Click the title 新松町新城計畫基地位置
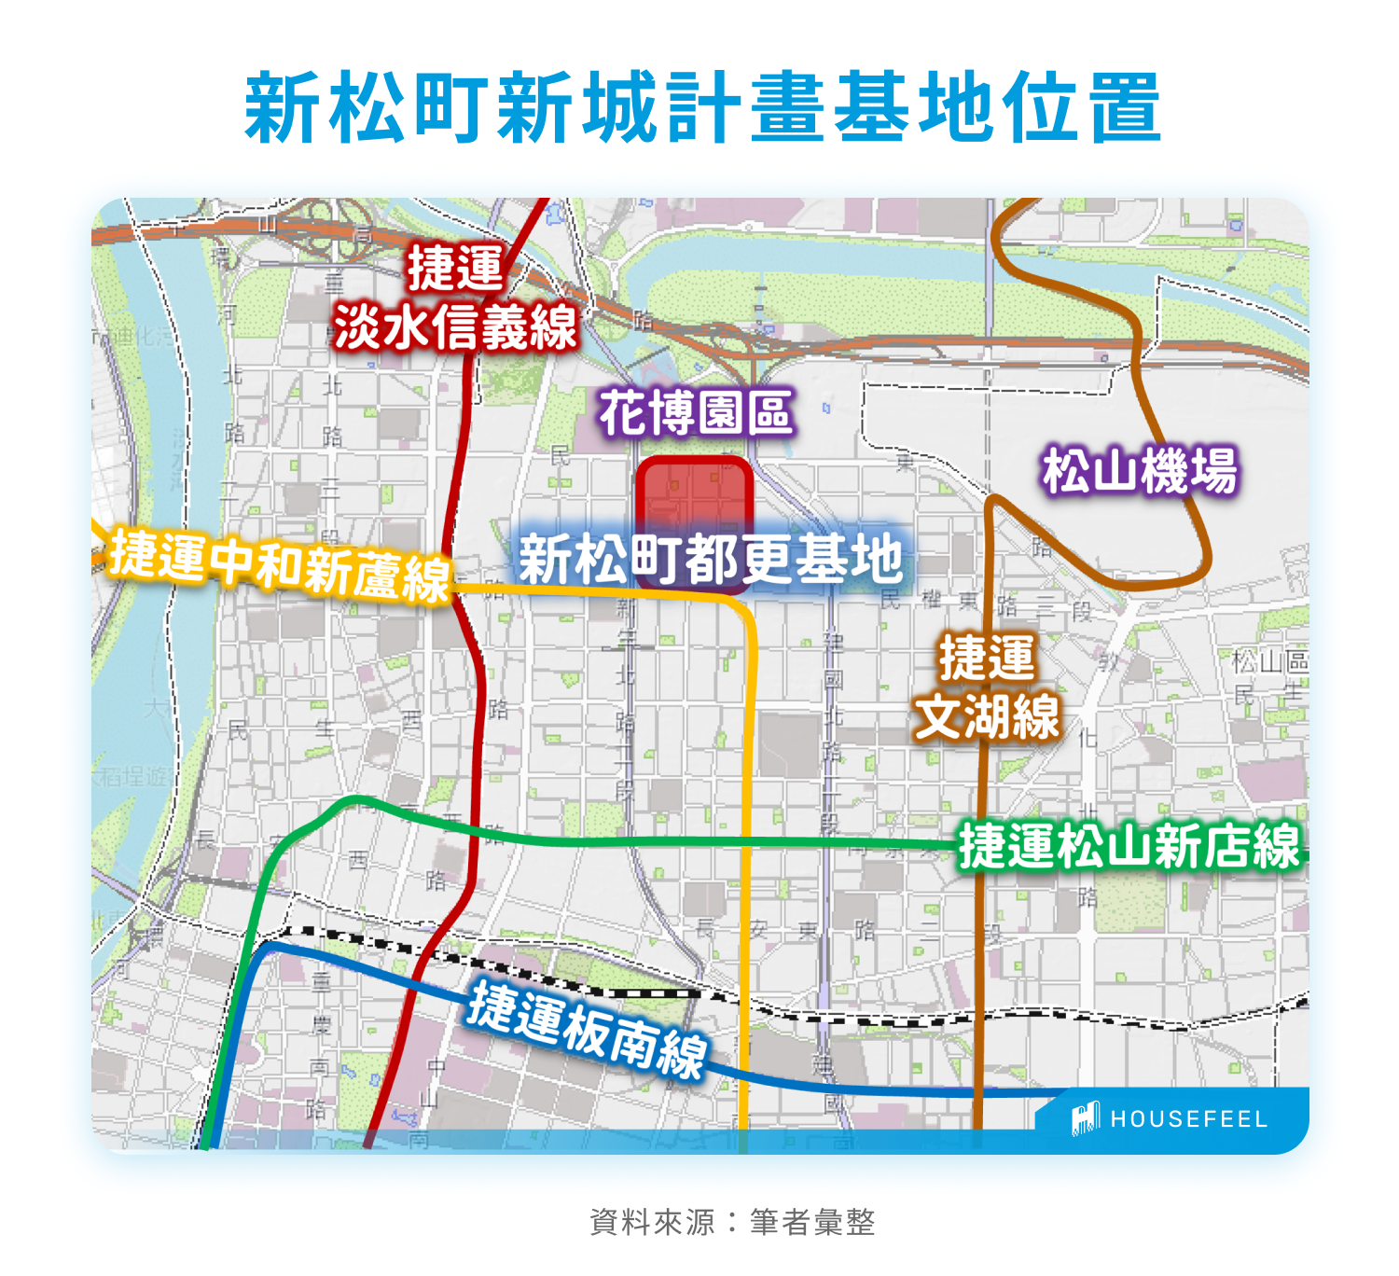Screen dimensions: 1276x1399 701,107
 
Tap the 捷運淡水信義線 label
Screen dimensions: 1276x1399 456,298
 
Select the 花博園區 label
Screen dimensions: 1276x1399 696,413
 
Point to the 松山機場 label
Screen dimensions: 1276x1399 1140,470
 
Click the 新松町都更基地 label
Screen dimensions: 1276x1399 711,559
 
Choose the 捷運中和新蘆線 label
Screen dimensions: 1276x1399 280,564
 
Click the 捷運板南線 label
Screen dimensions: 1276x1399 587,1030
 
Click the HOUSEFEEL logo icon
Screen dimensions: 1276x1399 1085,1118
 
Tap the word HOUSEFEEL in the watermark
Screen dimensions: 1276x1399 1188,1119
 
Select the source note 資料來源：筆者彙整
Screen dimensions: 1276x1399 732,1222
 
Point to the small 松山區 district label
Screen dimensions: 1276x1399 1270,661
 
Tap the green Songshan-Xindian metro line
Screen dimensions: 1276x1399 653,842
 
